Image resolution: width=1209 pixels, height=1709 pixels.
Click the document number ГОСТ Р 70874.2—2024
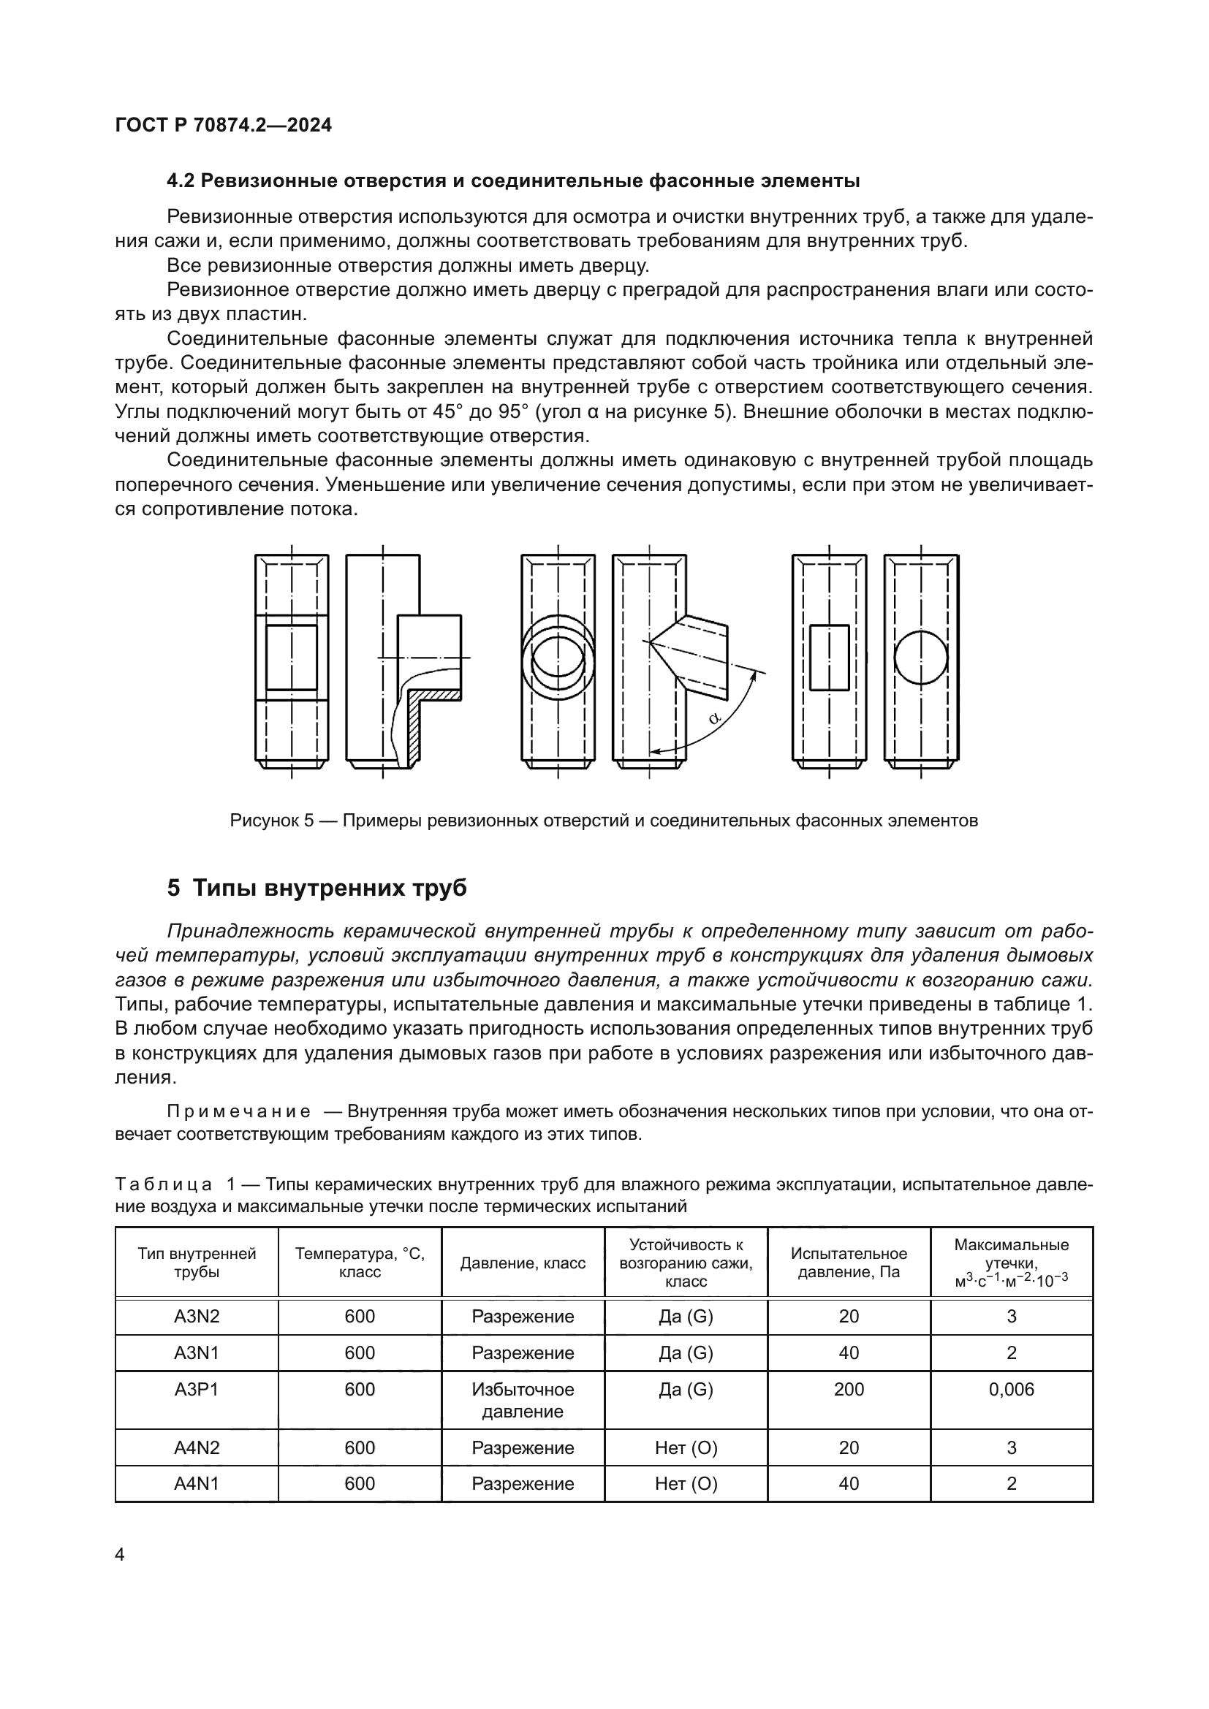[x=224, y=125]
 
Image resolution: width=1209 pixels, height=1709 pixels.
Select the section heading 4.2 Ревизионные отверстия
[x=513, y=181]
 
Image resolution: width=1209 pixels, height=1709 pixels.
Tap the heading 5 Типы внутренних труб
[x=317, y=888]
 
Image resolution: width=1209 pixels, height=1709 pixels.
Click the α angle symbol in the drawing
[x=715, y=718]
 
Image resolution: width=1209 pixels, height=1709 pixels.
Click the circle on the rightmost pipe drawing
[x=921, y=658]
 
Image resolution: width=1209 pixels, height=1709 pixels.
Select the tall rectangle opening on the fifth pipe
[x=830, y=658]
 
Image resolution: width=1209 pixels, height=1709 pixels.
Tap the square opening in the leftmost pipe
[x=292, y=658]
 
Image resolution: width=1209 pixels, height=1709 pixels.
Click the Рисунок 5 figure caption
[x=604, y=821]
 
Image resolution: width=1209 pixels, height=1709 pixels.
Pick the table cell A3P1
[x=197, y=1389]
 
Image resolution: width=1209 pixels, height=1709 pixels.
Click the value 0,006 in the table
[x=1011, y=1389]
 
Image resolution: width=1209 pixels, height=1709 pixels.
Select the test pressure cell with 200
[x=849, y=1389]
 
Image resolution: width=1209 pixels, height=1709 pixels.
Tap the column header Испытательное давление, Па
[x=849, y=1263]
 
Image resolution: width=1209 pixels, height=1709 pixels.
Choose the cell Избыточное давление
[x=523, y=1399]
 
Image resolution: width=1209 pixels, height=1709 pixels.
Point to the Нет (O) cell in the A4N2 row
[x=686, y=1447]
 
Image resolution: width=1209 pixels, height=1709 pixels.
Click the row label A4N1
[x=197, y=1483]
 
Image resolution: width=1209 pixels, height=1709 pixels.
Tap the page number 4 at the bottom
[x=121, y=1554]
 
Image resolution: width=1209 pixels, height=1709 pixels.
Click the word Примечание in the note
[x=238, y=1112]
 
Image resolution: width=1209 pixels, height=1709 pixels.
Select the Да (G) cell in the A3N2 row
[x=686, y=1316]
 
